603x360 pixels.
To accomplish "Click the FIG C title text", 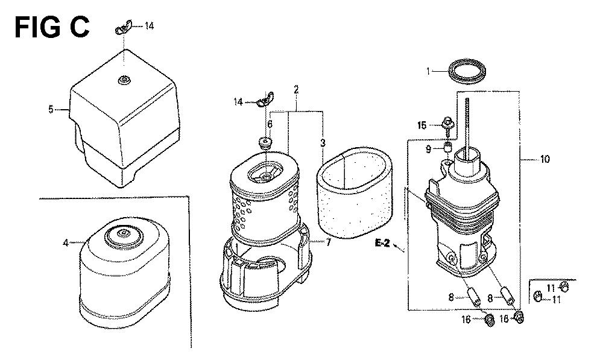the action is pyautogui.click(x=52, y=27).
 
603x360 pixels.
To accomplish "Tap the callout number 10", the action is pyautogui.click(x=545, y=159).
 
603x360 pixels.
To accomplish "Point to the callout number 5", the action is pyautogui.click(x=51, y=110).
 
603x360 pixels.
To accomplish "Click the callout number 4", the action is pyautogui.click(x=66, y=243).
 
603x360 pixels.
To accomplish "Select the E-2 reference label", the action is pyautogui.click(x=382, y=243).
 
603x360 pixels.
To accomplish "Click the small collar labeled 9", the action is pyautogui.click(x=448, y=147).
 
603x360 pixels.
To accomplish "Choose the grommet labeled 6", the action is pyautogui.click(x=265, y=144).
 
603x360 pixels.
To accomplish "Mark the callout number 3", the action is pyautogui.click(x=323, y=144).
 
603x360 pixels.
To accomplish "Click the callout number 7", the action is pyautogui.click(x=328, y=242).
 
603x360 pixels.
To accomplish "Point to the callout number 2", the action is pyautogui.click(x=296, y=90).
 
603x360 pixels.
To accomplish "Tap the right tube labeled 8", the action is pyautogui.click(x=508, y=295).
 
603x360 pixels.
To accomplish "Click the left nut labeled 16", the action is pyautogui.click(x=489, y=319).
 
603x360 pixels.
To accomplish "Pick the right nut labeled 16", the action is pyautogui.click(x=519, y=317).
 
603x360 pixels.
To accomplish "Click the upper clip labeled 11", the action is pyautogui.click(x=563, y=286).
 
